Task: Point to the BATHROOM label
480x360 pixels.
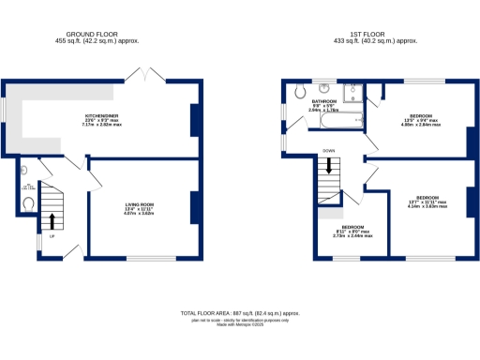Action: click(x=324, y=101)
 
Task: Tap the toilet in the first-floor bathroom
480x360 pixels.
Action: click(x=297, y=90)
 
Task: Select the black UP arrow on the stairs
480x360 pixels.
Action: click(x=52, y=221)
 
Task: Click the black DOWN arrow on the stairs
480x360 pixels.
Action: click(x=328, y=166)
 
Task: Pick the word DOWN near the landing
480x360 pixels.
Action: click(x=328, y=150)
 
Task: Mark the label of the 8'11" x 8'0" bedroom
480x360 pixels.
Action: click(x=353, y=230)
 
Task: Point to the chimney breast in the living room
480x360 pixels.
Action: click(x=195, y=206)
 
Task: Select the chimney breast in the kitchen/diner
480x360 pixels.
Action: click(x=195, y=120)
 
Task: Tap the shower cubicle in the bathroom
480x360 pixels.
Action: click(x=353, y=92)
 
